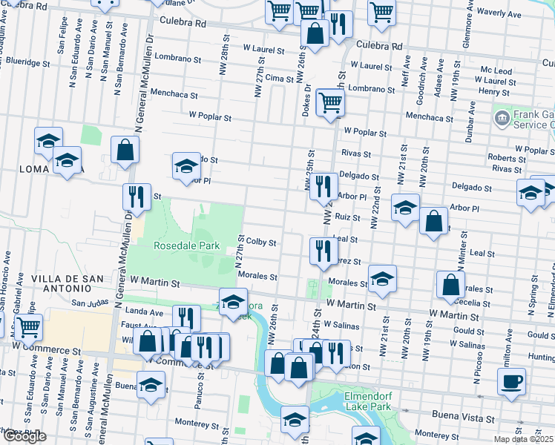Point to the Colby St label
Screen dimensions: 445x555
[261, 243]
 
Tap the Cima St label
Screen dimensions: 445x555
[280, 78]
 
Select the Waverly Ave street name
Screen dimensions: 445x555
[519, 13]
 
